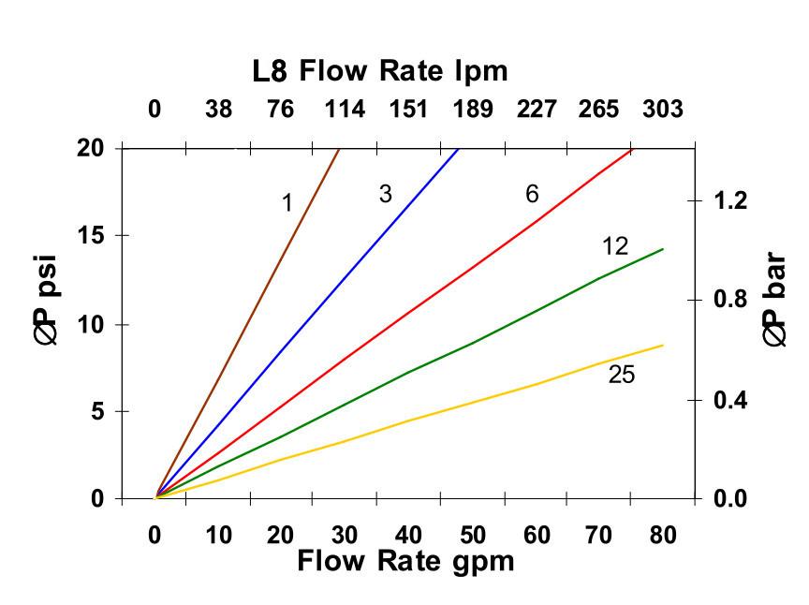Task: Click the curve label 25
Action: pos(621,375)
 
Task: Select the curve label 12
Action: pos(614,246)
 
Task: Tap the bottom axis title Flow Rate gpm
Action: pos(405,562)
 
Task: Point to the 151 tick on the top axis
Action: pos(408,110)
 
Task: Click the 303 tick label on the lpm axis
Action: pos(663,110)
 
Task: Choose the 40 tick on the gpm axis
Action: pos(408,536)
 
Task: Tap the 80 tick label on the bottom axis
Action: pos(663,536)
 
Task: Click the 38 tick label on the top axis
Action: pos(218,110)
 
